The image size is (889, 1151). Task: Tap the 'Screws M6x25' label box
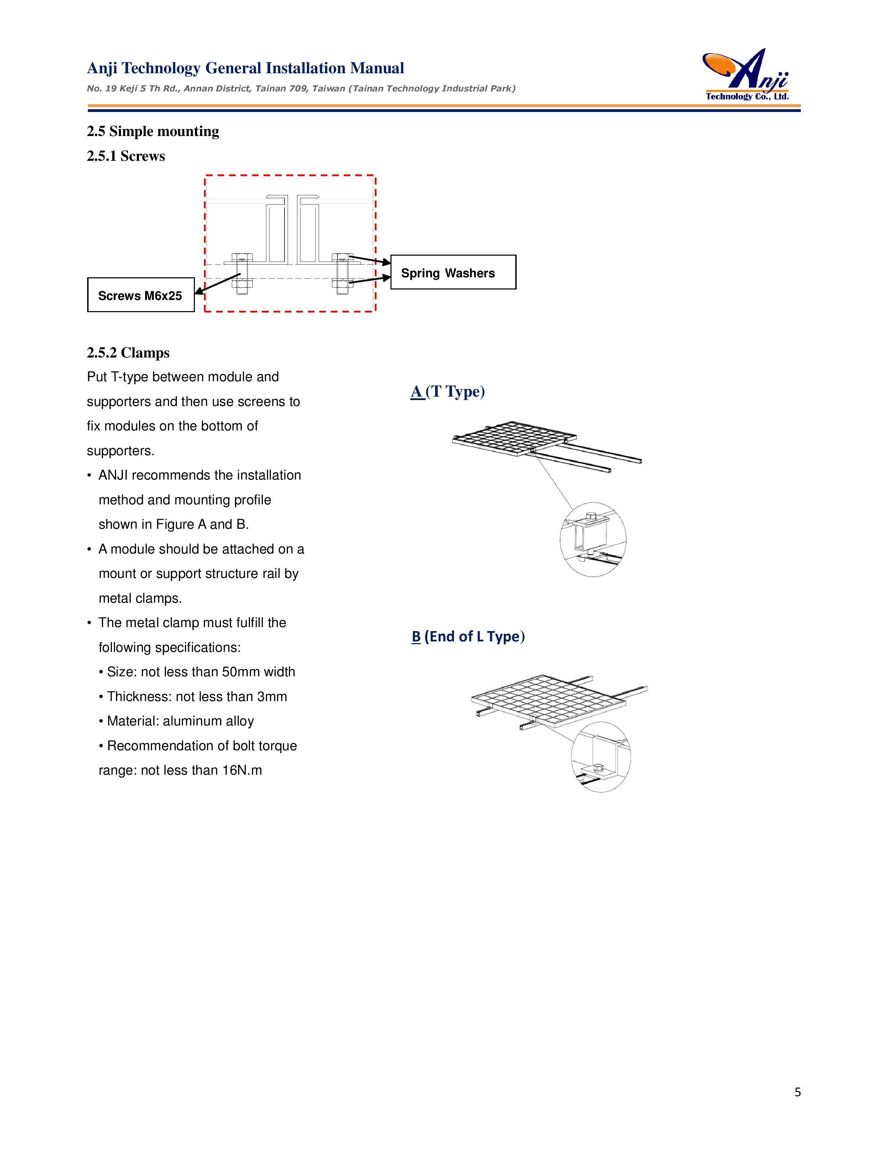(x=140, y=295)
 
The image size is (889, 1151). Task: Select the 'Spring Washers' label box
(x=453, y=272)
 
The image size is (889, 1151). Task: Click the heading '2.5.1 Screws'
(x=126, y=156)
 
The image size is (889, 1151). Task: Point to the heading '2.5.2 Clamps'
(x=128, y=353)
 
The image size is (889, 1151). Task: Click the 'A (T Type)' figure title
(x=447, y=392)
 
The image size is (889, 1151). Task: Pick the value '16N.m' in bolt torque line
(x=242, y=770)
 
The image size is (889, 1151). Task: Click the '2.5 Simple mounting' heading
(x=153, y=131)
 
